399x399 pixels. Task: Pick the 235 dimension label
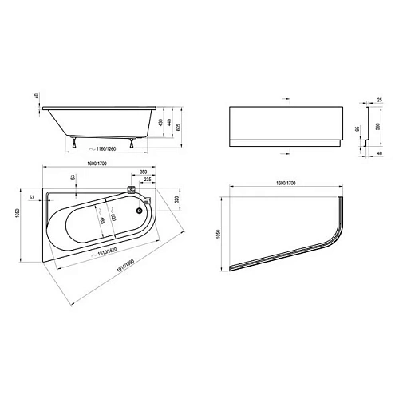[149, 180]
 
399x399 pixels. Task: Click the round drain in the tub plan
[141, 211]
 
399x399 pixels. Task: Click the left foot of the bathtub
[74, 143]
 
